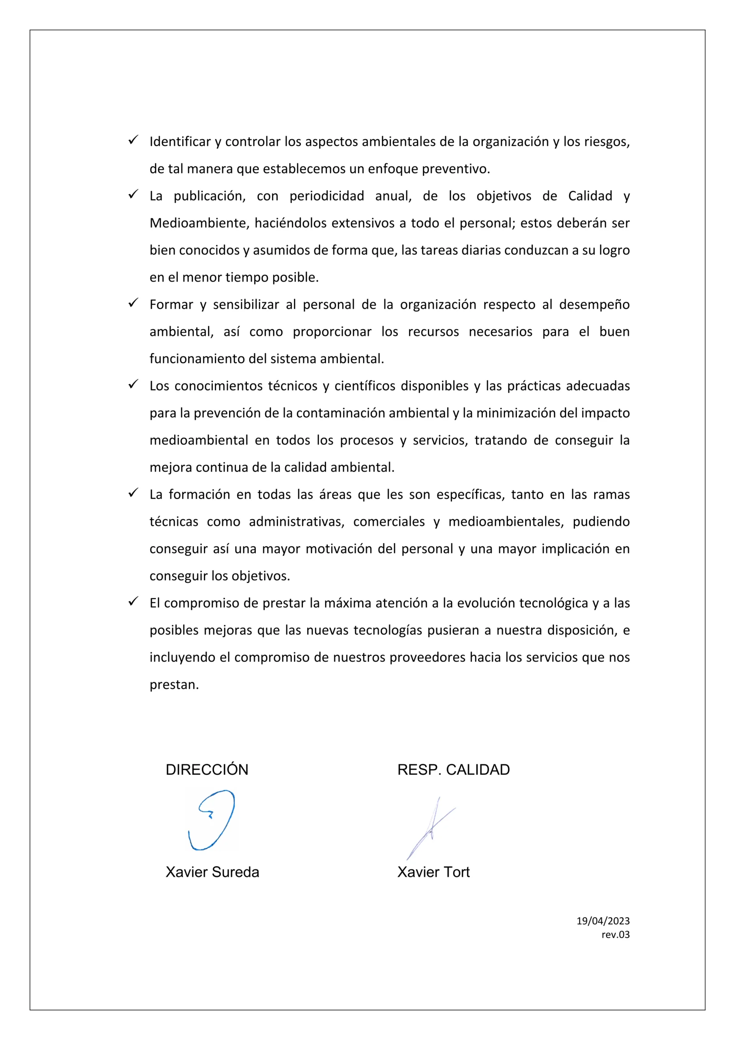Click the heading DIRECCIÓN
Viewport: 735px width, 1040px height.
point(207,769)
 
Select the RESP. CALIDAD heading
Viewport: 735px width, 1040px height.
point(453,769)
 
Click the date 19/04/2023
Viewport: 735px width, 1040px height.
point(603,921)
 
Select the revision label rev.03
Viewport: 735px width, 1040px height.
point(616,934)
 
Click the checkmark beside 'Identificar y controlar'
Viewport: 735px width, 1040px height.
point(133,140)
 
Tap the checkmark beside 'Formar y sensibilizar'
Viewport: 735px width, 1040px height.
point(133,303)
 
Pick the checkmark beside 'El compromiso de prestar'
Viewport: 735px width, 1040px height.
point(133,602)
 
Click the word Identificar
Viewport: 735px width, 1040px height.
point(180,142)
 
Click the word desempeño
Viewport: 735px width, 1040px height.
point(594,304)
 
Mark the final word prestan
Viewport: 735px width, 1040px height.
point(174,685)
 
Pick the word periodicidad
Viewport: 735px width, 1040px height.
point(326,196)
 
